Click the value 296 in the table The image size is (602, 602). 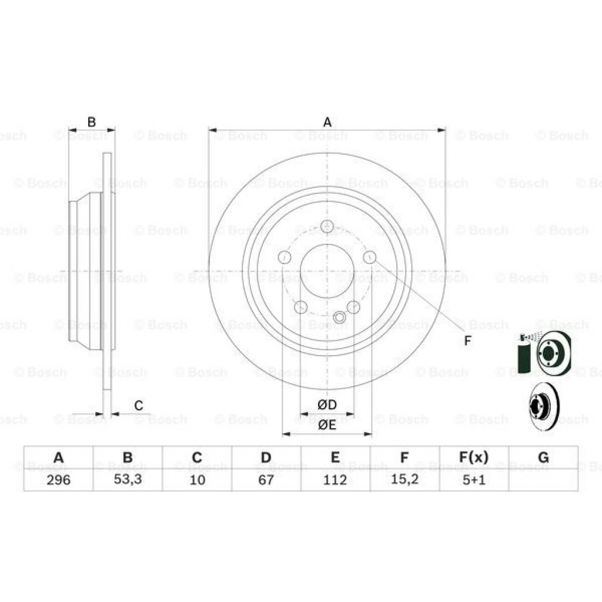(58, 480)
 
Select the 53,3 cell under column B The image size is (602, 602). (128, 480)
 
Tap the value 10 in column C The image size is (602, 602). (197, 480)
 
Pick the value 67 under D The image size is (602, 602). (266, 480)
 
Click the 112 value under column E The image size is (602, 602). (335, 480)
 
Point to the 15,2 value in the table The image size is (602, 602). (404, 480)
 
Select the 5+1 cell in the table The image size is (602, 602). (473, 480)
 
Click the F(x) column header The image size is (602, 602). (473, 457)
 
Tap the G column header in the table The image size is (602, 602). (543, 457)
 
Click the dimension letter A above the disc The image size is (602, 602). (327, 122)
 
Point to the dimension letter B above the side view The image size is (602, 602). (91, 122)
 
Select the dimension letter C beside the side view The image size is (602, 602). (139, 405)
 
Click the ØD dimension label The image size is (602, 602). (327, 404)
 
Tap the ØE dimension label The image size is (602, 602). (327, 425)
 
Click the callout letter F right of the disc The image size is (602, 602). (467, 341)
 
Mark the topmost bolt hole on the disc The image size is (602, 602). (327, 226)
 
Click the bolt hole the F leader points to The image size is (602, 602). (369, 257)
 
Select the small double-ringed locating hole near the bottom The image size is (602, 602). (339, 317)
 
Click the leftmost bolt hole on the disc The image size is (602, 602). (285, 257)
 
